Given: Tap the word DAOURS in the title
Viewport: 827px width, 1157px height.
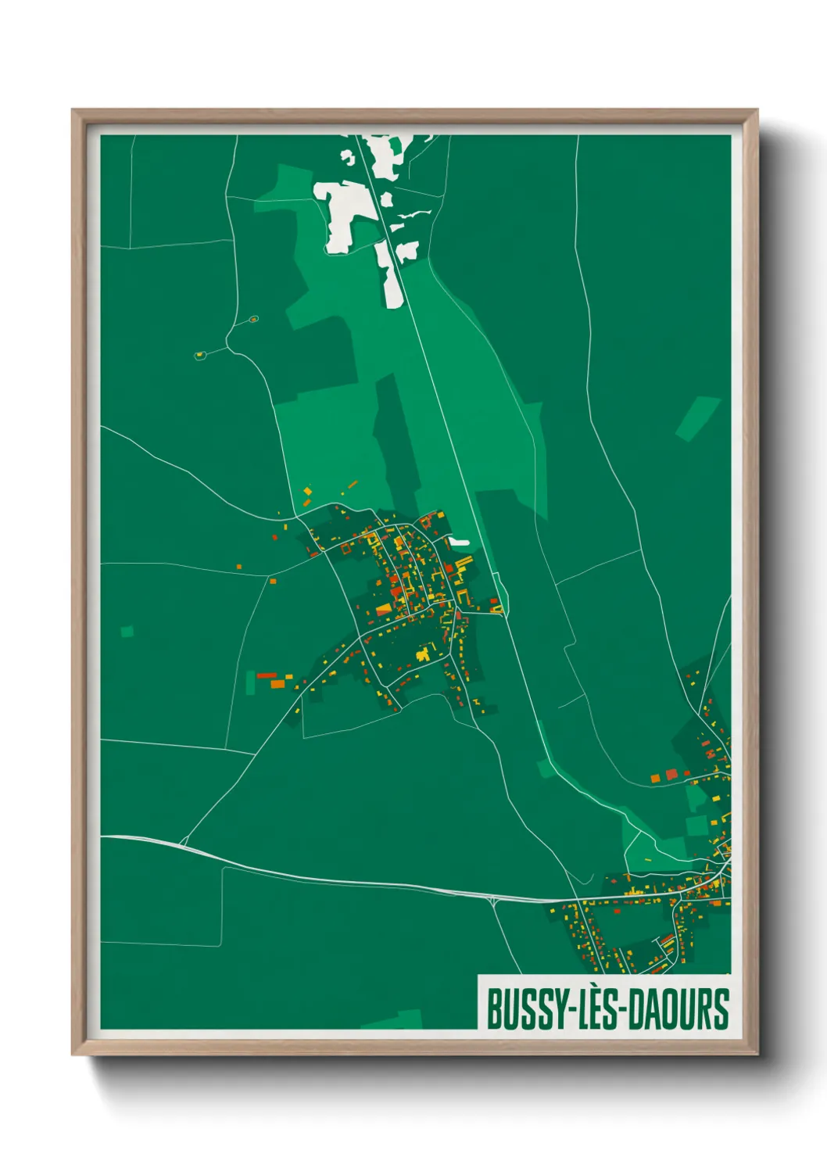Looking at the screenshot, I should tap(679, 1009).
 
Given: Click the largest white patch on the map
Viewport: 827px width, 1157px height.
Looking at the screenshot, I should tap(343, 212).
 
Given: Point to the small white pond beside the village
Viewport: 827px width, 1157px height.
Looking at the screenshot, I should tap(459, 541).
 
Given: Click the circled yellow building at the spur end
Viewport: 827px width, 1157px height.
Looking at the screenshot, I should tap(200, 355).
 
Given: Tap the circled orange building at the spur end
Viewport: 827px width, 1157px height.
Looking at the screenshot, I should tap(253, 319).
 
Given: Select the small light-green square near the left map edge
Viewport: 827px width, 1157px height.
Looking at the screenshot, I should tap(127, 631).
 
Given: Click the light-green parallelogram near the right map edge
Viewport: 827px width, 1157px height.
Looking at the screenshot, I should tap(697, 418).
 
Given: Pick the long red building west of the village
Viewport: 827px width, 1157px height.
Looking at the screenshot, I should tap(267, 675).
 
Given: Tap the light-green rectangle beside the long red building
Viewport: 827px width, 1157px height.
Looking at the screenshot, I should tap(251, 682).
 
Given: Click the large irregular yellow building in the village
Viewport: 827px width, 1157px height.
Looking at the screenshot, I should tap(424, 653).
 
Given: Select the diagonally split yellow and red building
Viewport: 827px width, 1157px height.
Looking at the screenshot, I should tap(384, 609).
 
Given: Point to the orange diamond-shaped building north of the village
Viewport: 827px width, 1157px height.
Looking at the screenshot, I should tap(308, 491).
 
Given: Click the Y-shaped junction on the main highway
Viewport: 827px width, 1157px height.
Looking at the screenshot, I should tap(495, 901).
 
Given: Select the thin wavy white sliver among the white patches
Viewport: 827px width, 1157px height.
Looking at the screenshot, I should tap(413, 213).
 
